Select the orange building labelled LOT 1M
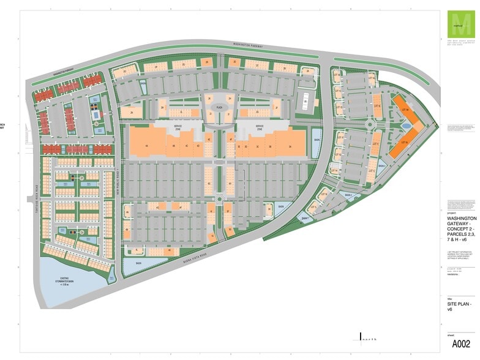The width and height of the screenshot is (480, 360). tap(405, 109)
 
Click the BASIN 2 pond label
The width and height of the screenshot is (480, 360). tap(348, 195)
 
